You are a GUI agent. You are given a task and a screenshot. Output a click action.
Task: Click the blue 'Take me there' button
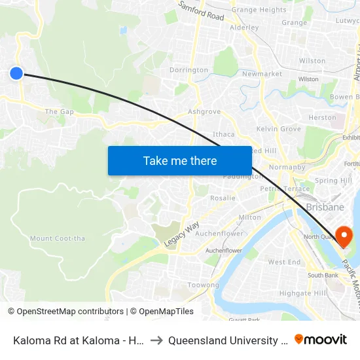(180, 161)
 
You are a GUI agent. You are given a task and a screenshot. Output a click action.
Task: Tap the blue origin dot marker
(16, 73)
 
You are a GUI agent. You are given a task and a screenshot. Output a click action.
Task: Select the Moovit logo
(321, 340)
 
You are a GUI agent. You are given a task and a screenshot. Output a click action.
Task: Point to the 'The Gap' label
(60, 112)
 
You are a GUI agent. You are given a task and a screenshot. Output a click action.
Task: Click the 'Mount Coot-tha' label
(58, 238)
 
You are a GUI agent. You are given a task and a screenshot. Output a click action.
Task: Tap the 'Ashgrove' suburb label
(204, 112)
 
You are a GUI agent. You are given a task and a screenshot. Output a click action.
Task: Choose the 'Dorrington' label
(189, 70)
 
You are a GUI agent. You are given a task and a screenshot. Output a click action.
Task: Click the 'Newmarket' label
(262, 74)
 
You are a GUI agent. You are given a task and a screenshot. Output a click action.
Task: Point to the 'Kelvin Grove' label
(279, 129)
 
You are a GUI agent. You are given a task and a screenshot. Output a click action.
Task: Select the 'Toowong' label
(204, 285)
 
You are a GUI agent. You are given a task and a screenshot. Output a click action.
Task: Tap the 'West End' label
(285, 262)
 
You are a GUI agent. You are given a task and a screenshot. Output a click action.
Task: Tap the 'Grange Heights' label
(259, 10)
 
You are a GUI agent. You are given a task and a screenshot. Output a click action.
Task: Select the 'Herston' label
(322, 118)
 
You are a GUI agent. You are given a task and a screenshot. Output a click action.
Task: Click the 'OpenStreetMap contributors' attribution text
(65, 312)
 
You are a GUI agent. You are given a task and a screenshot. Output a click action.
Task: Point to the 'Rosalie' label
(223, 198)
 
